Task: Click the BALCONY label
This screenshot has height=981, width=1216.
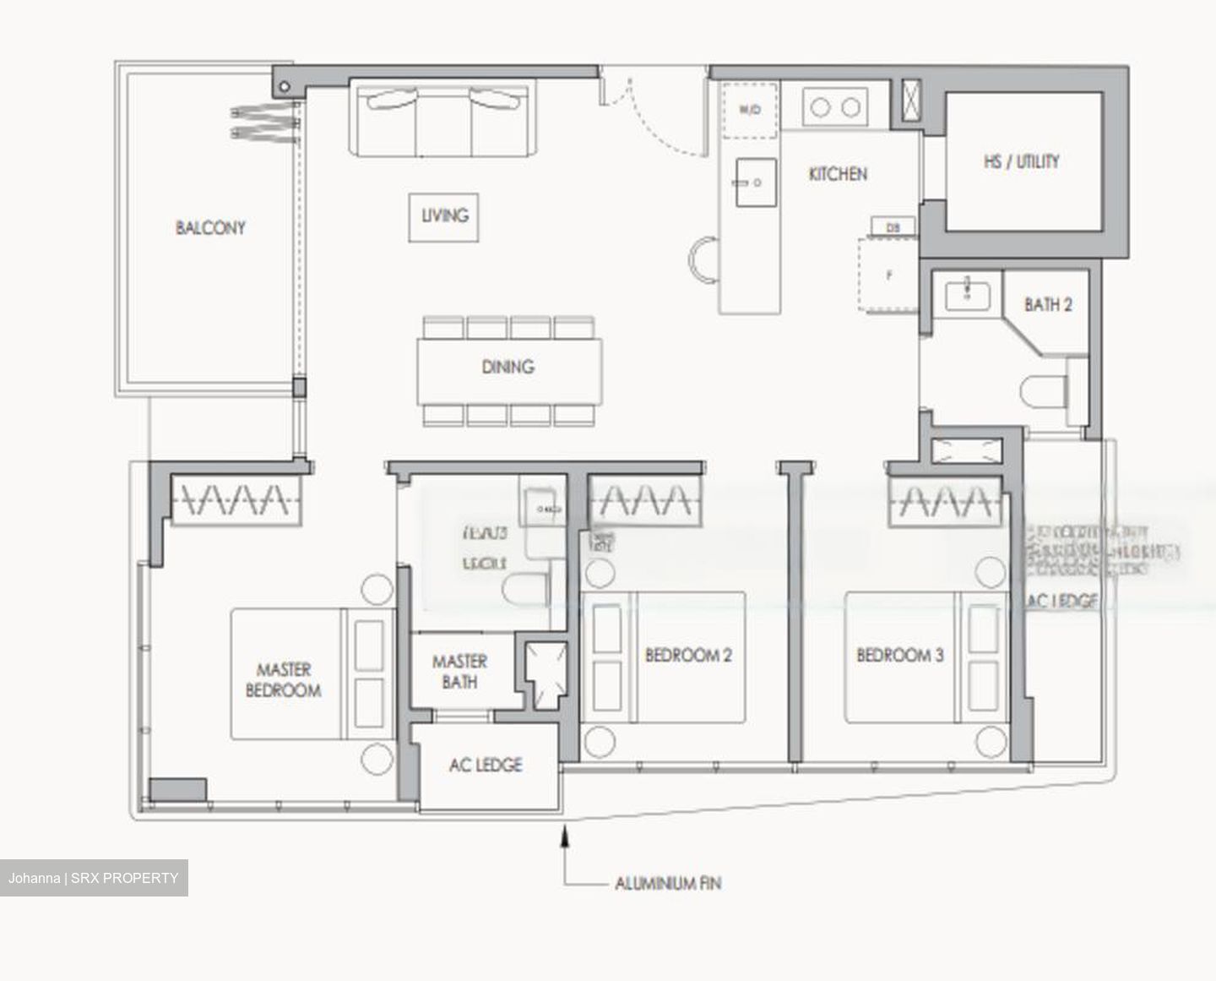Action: tap(210, 227)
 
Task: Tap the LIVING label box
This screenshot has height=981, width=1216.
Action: tap(444, 216)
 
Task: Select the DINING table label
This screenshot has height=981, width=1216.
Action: tap(508, 367)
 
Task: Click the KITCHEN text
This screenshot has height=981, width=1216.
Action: tap(837, 174)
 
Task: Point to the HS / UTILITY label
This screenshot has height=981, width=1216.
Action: tap(1021, 161)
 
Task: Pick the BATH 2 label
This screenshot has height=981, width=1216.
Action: tap(1048, 304)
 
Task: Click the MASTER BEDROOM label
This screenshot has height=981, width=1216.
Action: tap(284, 680)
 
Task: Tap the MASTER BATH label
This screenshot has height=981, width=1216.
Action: tap(459, 671)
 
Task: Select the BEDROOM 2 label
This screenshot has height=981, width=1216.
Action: tap(688, 655)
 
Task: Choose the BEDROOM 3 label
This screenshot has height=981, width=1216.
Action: tap(899, 655)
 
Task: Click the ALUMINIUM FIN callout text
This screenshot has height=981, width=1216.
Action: tap(667, 884)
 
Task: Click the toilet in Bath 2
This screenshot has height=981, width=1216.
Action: tap(1043, 392)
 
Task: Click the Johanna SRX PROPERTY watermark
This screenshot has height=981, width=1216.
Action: tap(94, 878)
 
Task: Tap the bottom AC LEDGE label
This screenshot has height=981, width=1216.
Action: tap(486, 765)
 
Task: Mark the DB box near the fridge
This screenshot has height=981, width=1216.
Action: tap(893, 226)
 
